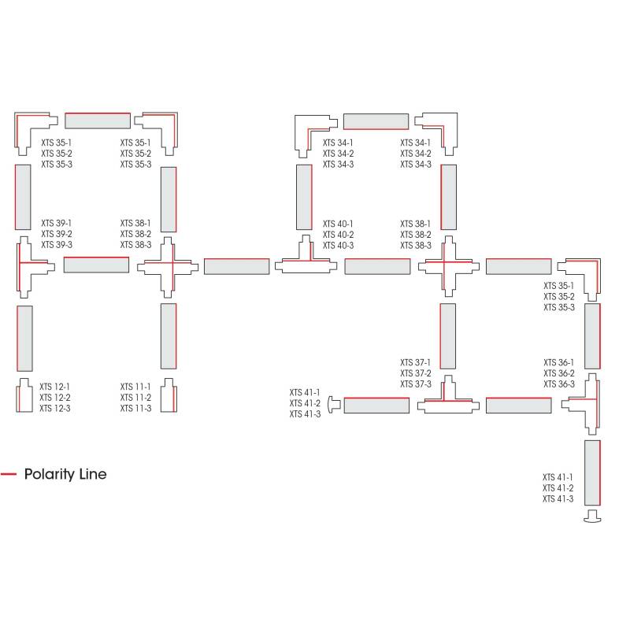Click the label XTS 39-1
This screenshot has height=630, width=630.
57,224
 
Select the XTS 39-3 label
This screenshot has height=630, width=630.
57,245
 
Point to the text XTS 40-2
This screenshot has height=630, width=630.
338,235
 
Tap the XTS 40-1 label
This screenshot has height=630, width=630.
338,224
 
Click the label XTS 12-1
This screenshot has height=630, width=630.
55,387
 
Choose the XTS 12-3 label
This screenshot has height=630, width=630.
55,408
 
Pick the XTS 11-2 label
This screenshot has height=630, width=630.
135,398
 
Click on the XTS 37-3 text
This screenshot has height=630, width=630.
416,384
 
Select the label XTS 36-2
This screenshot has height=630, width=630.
559,373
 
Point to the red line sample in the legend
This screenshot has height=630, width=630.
9,474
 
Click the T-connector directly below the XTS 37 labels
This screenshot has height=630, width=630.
447,402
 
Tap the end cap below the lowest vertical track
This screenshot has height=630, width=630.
592,517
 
